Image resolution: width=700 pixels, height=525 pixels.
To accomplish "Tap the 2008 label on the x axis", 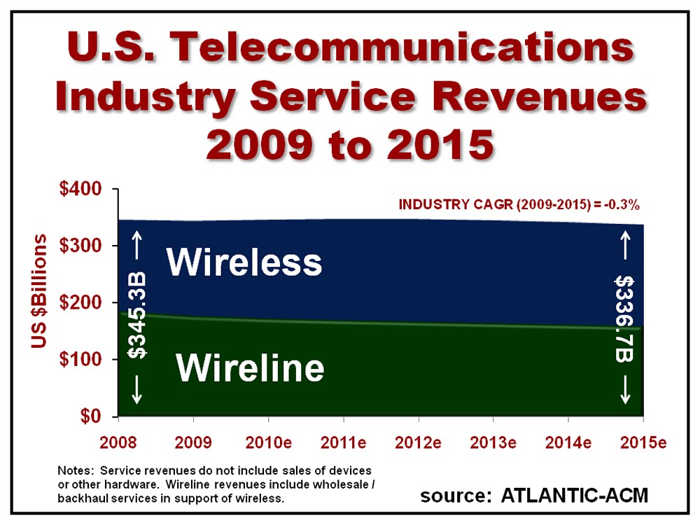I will (119, 442).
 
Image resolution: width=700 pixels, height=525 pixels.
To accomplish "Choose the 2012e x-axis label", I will (418, 442).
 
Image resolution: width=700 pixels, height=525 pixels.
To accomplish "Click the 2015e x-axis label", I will (643, 442).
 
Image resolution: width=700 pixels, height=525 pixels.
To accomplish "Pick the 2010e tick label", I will (268, 442).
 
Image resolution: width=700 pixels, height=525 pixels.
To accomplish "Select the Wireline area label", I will (250, 367).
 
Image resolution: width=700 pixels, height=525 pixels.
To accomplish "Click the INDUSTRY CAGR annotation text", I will (520, 205).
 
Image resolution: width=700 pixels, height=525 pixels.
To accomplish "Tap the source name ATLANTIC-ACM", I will (575, 496).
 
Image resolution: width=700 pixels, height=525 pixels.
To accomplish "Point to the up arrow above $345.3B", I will (137, 246).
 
